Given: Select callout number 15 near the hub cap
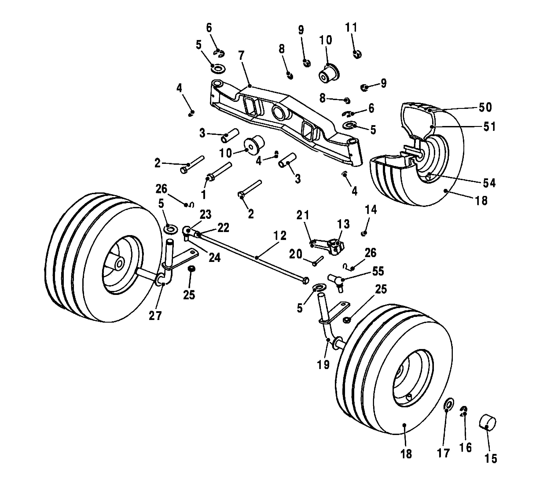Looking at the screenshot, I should [x=491, y=459].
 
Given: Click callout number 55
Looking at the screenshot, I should [x=378, y=271].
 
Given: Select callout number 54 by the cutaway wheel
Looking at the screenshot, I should [x=489, y=183].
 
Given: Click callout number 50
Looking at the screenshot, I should [x=485, y=107].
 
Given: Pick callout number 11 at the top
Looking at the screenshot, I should [x=351, y=27].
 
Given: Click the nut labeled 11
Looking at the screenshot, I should [x=357, y=54].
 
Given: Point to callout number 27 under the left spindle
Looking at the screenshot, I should [x=155, y=316].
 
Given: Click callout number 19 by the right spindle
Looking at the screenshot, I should [x=323, y=364].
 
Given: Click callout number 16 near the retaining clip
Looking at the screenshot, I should [x=466, y=448].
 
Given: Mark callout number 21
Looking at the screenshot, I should [x=303, y=215].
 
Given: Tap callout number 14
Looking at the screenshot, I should [x=371, y=209].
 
